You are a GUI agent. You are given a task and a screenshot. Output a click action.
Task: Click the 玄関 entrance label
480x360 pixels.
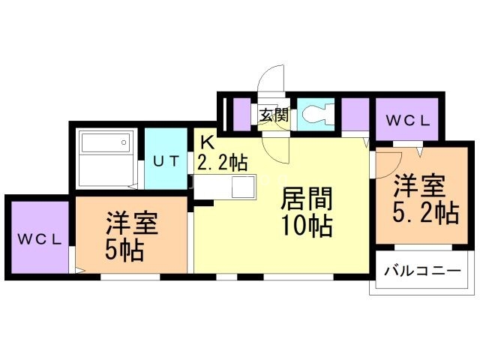point(274,115)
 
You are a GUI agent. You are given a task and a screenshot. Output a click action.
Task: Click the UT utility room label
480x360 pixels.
point(165,160)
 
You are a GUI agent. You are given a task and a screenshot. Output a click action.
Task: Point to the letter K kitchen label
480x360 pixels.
point(206,141)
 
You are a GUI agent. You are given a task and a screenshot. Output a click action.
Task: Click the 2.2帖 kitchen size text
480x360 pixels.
point(223,160)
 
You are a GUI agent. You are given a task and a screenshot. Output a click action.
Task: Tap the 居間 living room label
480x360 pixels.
point(307,199)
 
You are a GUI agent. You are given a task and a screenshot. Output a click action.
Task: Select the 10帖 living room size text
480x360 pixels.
point(307,225)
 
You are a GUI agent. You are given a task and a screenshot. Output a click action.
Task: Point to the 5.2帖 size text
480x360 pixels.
point(424,214)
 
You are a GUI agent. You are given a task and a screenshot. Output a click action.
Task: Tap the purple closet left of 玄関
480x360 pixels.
point(241,115)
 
